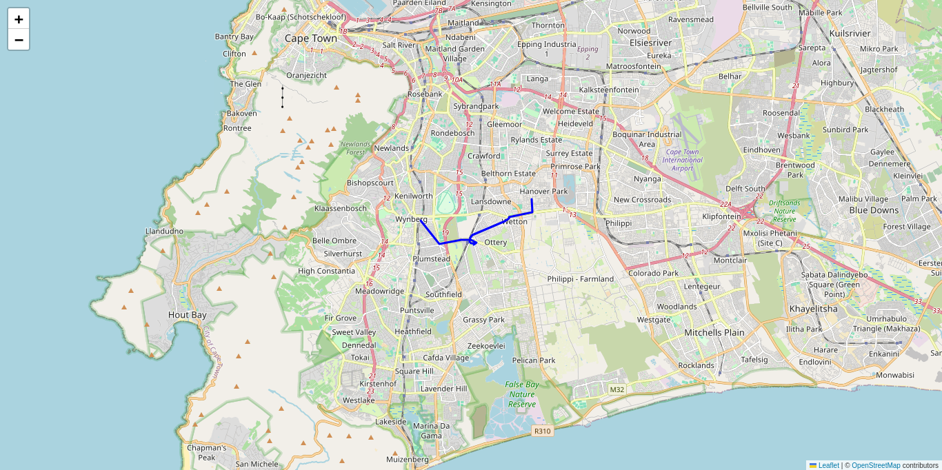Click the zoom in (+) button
coord(19,19)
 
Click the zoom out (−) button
coord(19,39)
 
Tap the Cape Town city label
coord(311,39)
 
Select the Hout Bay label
coord(187,315)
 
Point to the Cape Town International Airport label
coord(682,160)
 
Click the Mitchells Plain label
coord(714,332)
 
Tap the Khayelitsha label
coord(813,309)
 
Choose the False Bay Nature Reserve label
coord(522,394)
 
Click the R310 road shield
coord(542,431)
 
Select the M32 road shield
coord(617,389)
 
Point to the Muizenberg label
coord(407,459)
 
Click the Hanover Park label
coord(543,191)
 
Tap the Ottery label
coord(496,243)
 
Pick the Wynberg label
coord(411,219)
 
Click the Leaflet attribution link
coord(828,465)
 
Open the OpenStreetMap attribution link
coord(876,465)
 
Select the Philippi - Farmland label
coord(580,279)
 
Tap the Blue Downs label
coord(874,210)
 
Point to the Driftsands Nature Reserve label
coord(786,211)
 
